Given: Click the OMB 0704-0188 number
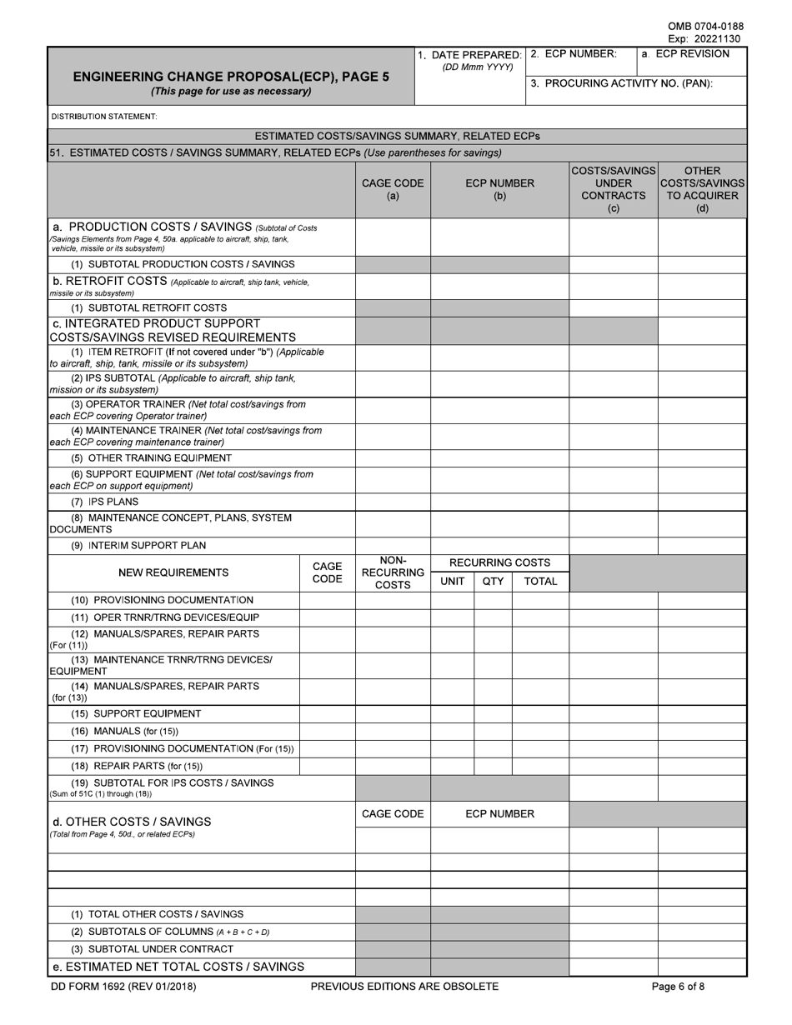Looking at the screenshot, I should pyautogui.click(x=705, y=27).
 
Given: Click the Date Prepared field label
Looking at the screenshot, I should pyautogui.click(x=470, y=55).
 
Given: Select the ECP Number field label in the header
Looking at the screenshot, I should pyautogui.click(x=574, y=54).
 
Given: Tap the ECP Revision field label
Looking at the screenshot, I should pyautogui.click(x=684, y=54).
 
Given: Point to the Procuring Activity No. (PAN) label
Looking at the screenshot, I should pyautogui.click(x=621, y=83).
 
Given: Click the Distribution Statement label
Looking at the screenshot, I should pyautogui.click(x=104, y=117).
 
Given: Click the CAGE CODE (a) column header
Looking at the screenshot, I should pyautogui.click(x=393, y=189).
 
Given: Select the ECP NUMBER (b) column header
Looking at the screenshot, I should pyautogui.click(x=499, y=189).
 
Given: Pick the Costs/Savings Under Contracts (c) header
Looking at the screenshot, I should pyautogui.click(x=614, y=189).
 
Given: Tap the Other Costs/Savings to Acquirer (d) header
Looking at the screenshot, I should pyautogui.click(x=702, y=189).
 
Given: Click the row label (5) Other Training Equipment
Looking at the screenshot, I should pyautogui.click(x=152, y=458).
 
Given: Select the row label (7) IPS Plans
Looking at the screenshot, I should pyautogui.click(x=105, y=502).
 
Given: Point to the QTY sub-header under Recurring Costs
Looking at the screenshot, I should pyautogui.click(x=493, y=582).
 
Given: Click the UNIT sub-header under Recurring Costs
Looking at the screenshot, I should pyautogui.click(x=452, y=582).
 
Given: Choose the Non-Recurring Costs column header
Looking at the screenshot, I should pyautogui.click(x=393, y=573).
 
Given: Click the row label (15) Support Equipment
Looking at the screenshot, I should pyautogui.click(x=136, y=713).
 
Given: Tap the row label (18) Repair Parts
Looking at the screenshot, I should pyautogui.click(x=137, y=766).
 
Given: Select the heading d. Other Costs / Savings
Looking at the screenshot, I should pyautogui.click(x=132, y=821).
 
